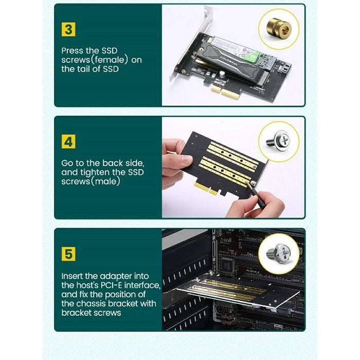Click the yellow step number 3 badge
(68, 29)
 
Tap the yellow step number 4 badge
(68, 141)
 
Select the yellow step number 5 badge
(68, 254)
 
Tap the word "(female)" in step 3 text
(109, 60)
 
